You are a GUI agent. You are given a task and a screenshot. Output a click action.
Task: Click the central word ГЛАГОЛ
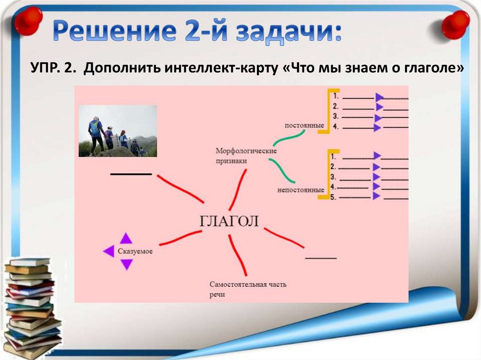(x=229, y=221)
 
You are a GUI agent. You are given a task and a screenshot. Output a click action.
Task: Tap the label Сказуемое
(x=135, y=251)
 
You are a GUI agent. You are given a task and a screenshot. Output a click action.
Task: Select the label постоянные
(x=304, y=125)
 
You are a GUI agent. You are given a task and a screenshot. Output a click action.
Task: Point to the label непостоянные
(x=301, y=190)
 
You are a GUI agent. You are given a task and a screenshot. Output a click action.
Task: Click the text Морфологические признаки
(x=246, y=156)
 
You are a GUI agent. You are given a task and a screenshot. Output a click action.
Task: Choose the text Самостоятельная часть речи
(x=248, y=289)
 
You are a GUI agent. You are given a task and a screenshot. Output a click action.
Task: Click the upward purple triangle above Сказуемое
(x=126, y=238)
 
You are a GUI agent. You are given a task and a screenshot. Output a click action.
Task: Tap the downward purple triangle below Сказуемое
(x=126, y=264)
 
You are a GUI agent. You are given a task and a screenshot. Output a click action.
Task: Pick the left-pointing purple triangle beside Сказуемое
(x=109, y=251)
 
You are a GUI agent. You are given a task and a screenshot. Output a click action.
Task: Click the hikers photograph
(x=118, y=131)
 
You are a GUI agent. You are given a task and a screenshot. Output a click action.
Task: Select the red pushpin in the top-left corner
(x=29, y=20)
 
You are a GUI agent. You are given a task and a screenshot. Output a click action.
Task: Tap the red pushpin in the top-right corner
(x=455, y=24)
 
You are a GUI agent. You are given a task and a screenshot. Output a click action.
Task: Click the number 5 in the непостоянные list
(x=333, y=197)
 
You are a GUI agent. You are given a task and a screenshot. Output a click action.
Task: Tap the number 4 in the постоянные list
(x=335, y=126)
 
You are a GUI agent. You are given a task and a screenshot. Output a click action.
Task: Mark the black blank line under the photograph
(x=131, y=174)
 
